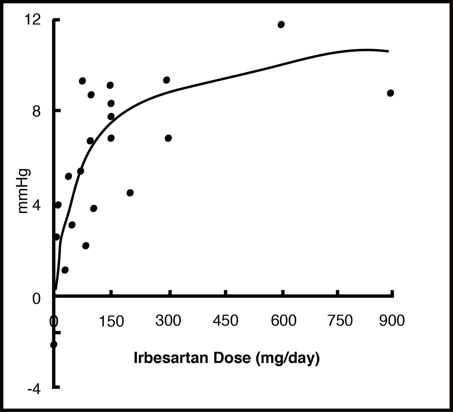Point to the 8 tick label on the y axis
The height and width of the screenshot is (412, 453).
(x=36, y=112)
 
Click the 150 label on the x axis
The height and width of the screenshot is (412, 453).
(x=111, y=321)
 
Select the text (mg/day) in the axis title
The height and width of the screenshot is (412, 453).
(x=287, y=358)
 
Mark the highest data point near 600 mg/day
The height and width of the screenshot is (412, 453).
(x=281, y=25)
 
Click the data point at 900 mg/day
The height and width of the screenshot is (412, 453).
(x=390, y=93)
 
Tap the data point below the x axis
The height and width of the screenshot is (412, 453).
(x=54, y=345)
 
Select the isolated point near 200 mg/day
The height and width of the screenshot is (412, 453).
(x=130, y=193)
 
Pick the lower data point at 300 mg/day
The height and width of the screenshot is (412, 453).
(x=168, y=138)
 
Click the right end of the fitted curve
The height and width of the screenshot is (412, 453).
(x=388, y=51)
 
